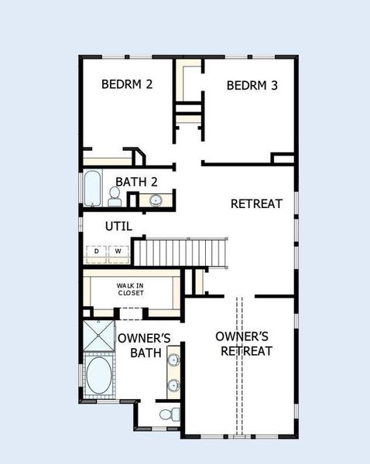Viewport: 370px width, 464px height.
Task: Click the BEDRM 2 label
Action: pos(126,84)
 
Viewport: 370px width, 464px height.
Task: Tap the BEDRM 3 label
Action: pos(252,85)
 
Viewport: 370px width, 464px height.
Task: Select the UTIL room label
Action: pos(118,227)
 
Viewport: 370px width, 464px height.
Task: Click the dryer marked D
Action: pos(97,251)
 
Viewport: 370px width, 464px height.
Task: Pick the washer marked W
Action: pos(118,251)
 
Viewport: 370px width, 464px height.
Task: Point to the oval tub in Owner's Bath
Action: pos(98,376)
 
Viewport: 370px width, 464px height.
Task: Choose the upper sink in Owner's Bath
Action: pos(174,360)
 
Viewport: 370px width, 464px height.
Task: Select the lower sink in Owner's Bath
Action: pos(174,384)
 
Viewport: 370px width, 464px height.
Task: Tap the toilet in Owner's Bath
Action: pos(167,415)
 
